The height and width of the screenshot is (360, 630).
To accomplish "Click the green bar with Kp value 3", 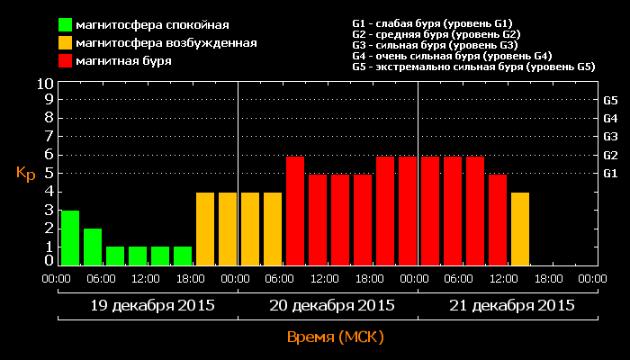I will pyautogui.click(x=70, y=238).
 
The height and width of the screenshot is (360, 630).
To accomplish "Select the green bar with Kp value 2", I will pyautogui.click(x=93, y=247).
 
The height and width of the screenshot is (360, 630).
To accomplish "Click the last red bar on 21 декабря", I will pyautogui.click(x=498, y=220).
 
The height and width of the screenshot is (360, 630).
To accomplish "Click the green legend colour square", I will pyautogui.click(x=66, y=24).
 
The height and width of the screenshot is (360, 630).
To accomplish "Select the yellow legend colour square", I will pyautogui.click(x=66, y=42).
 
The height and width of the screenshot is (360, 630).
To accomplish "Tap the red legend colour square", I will pyautogui.click(x=66, y=61).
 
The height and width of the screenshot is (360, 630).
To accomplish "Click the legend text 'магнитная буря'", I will pyautogui.click(x=123, y=61).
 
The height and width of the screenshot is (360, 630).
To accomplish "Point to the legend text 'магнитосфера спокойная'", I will pyautogui.click(x=152, y=24).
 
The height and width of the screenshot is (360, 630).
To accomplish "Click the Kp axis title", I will pyautogui.click(x=25, y=173).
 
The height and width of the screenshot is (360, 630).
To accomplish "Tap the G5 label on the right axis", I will pyautogui.click(x=610, y=100).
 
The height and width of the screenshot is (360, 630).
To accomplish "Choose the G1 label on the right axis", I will pyautogui.click(x=610, y=173).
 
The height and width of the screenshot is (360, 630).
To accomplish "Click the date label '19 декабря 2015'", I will pyautogui.click(x=153, y=305).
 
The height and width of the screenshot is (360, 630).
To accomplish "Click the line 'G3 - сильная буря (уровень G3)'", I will pyautogui.click(x=435, y=45).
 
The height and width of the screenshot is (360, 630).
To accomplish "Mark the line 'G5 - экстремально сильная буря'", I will pyautogui.click(x=473, y=67).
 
